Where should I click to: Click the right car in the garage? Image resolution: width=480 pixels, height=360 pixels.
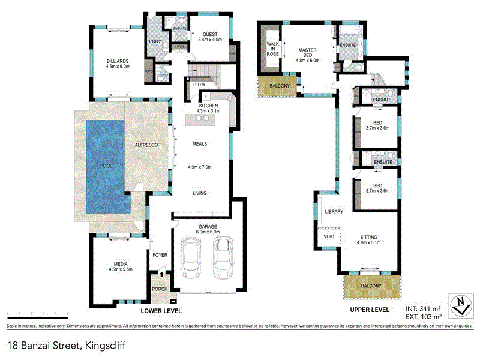click(x=223, y=257)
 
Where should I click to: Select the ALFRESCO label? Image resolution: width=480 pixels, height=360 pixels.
click(x=146, y=146)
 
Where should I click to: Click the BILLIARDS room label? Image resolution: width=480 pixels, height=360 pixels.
click(x=118, y=61)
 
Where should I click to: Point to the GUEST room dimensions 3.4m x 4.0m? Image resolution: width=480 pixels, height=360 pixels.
click(x=209, y=40)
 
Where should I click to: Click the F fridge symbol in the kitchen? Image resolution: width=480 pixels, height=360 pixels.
click(x=205, y=97)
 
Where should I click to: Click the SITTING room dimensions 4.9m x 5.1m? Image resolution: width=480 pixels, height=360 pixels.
click(x=369, y=242)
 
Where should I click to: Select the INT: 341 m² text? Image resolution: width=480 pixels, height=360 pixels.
click(x=423, y=308)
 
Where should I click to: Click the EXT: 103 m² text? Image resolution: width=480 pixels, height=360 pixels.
click(x=423, y=316)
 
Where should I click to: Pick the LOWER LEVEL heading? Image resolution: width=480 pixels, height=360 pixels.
click(x=161, y=311)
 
